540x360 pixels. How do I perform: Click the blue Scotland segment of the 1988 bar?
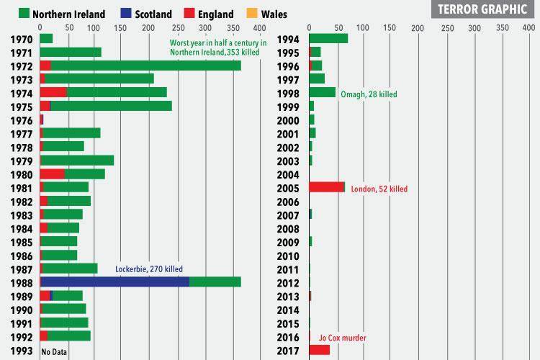click(x=115, y=282)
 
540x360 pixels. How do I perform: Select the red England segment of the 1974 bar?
click(x=53, y=92)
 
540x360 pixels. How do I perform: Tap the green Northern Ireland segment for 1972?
click(x=144, y=66)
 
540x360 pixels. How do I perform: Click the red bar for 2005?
click(x=326, y=187)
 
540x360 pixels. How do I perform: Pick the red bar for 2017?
click(x=319, y=350)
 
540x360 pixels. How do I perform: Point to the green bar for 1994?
click(x=328, y=38)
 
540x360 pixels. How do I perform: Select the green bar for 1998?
click(x=322, y=92)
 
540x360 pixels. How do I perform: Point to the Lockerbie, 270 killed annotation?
click(x=149, y=269)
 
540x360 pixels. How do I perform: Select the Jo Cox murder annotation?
click(x=342, y=338)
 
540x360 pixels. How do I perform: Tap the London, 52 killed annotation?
click(x=379, y=189)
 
